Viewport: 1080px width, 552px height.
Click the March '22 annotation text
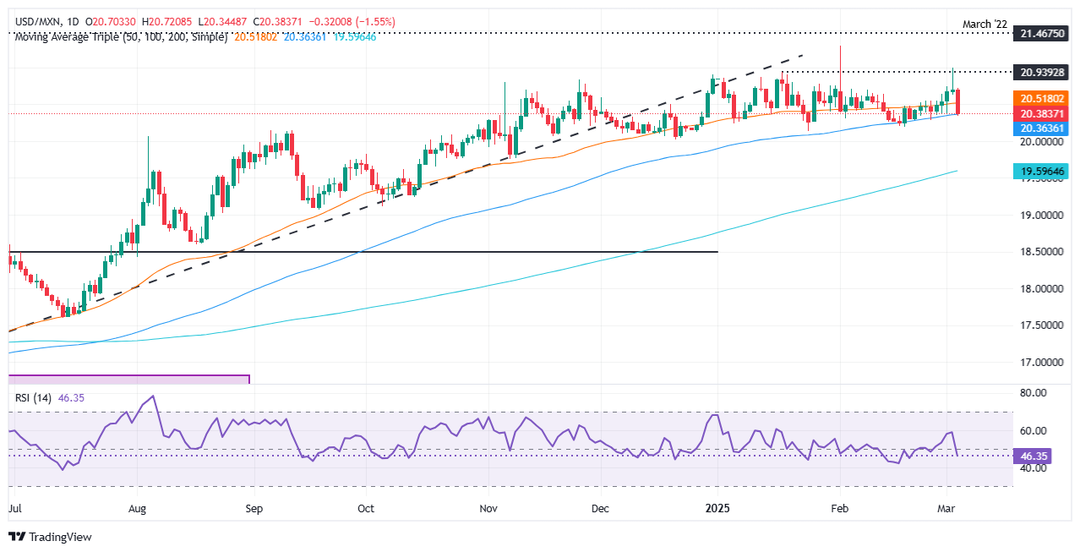click(x=984, y=25)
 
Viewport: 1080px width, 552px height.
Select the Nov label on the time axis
click(x=488, y=510)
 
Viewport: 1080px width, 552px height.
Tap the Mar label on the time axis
click(x=947, y=510)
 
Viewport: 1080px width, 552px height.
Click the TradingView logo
click(x=50, y=536)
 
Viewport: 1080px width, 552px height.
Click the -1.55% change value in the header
click(x=376, y=21)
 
